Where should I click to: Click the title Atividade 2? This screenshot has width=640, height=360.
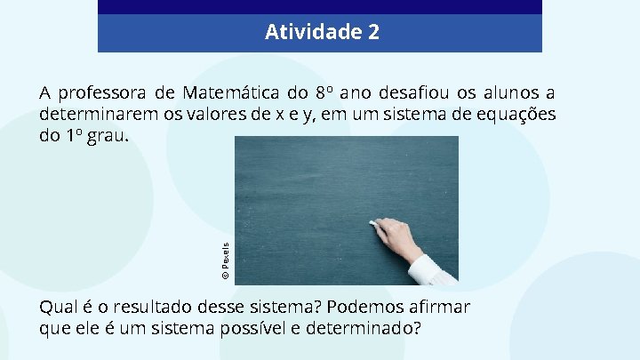[x=322, y=33]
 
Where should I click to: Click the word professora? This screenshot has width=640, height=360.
[x=99, y=92]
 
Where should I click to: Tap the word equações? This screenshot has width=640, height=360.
[x=516, y=115]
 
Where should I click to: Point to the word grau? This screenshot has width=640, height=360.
[x=107, y=138]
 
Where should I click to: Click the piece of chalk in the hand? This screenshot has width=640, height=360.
[x=374, y=222]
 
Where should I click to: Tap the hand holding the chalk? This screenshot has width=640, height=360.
[x=398, y=237]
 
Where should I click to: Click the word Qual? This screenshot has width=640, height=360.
[x=57, y=307]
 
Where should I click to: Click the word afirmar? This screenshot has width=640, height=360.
[x=441, y=307]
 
